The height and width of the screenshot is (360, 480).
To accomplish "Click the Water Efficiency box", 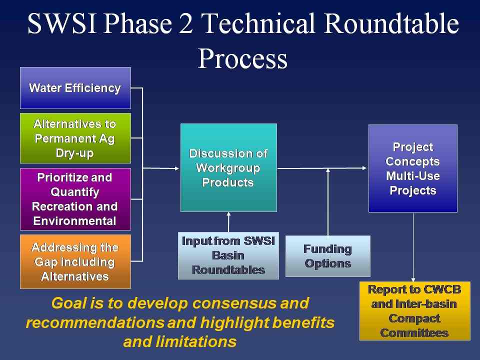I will pos(75,88).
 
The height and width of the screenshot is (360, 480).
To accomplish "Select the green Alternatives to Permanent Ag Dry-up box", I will pos(75,138).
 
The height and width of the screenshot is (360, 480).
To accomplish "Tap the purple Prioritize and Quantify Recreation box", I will pos(75,199).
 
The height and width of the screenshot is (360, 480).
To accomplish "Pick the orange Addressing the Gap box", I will pos(75,261).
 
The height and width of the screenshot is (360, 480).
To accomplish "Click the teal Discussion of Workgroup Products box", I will pos(228,167).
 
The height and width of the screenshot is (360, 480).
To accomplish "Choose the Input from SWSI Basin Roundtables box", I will pos(228,255).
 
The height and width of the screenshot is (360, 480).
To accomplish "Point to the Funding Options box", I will pos(327,256).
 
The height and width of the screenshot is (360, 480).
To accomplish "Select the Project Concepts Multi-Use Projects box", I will pos(412,168).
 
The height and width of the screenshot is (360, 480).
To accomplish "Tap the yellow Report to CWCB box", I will pos(414,310).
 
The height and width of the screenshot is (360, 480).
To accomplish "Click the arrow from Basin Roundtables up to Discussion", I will pos(228,222).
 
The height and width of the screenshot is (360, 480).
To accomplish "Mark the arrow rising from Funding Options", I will pos(328,200).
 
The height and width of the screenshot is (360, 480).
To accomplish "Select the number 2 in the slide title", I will pos(187,24).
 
